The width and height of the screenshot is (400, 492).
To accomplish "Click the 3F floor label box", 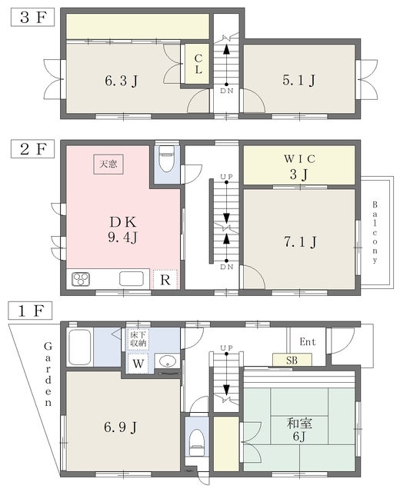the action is pyautogui.click(x=32, y=18).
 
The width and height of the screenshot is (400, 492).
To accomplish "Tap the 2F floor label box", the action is pyautogui.click(x=32, y=149).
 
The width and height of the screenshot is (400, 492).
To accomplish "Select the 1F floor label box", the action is pyautogui.click(x=31, y=311).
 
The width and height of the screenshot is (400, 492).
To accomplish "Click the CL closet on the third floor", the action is pyautogui.click(x=197, y=64).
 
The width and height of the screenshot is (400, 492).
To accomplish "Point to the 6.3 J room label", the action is pyautogui.click(x=122, y=81).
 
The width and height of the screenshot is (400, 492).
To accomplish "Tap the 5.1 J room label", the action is pyautogui.click(x=299, y=80).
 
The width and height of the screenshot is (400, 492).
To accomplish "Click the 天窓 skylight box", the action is pyautogui.click(x=108, y=164).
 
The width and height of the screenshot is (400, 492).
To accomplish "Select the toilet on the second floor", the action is pyautogui.click(x=167, y=159).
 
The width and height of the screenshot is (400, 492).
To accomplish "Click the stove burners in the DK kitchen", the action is pyautogui.click(x=81, y=279).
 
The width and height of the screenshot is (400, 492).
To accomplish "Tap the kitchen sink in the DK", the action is pyautogui.click(x=132, y=278).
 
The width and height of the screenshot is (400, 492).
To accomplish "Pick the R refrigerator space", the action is pyautogui.click(x=165, y=279).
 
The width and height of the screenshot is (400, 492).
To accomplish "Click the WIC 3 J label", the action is pyautogui.click(x=299, y=167).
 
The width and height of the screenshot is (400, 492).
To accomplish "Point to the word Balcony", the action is pyautogui.click(x=375, y=232).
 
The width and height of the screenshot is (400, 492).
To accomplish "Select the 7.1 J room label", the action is pyautogui.click(x=300, y=242).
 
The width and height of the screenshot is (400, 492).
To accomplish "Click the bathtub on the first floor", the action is pyautogui.click(x=80, y=347).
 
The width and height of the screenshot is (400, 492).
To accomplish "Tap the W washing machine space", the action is pyautogui.click(x=138, y=364).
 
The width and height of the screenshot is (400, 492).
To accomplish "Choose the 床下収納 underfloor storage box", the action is pyautogui.click(x=138, y=339).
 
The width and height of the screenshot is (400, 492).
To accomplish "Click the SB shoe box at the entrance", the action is pyautogui.click(x=292, y=360).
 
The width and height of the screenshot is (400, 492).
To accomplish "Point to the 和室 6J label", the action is pyautogui.click(x=299, y=429).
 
